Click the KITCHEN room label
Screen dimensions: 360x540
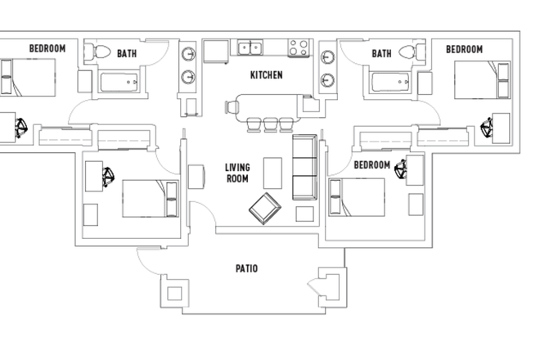click(266, 75)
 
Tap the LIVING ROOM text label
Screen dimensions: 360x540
click(237, 173)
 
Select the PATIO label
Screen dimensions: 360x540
click(246, 268)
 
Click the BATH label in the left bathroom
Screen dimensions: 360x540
click(127, 54)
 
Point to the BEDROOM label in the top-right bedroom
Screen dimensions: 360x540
click(464, 49)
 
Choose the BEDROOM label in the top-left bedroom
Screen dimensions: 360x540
click(47, 49)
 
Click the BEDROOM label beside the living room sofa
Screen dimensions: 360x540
click(371, 164)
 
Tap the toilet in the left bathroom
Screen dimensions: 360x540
click(102, 52)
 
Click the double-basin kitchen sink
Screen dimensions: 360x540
click(250, 48)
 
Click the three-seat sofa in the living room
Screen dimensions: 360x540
click(304, 168)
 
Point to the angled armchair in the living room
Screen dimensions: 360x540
click(265, 209)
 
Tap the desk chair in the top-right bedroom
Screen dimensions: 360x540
click(489, 127)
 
